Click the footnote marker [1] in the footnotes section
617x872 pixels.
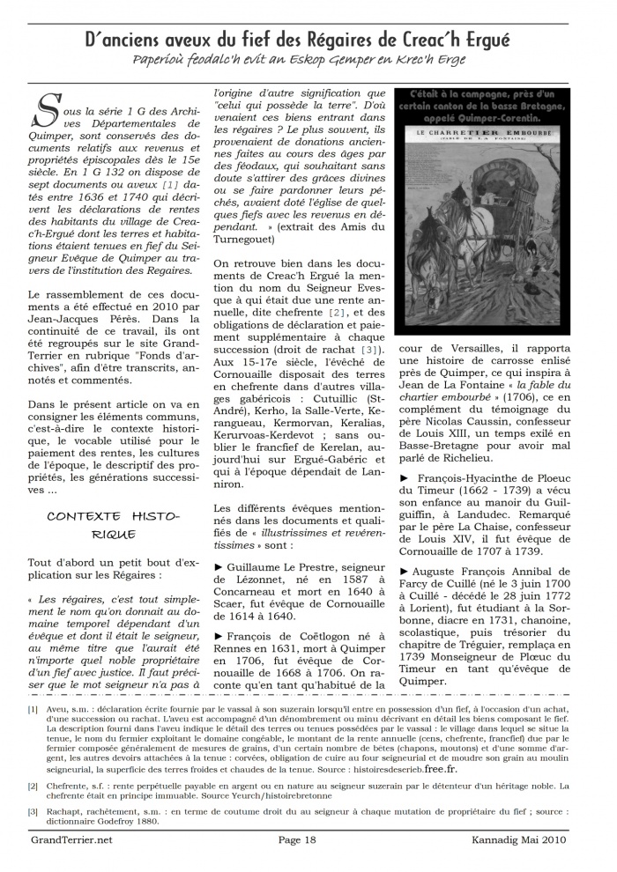(33, 708)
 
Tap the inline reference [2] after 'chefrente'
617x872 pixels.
(337, 313)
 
